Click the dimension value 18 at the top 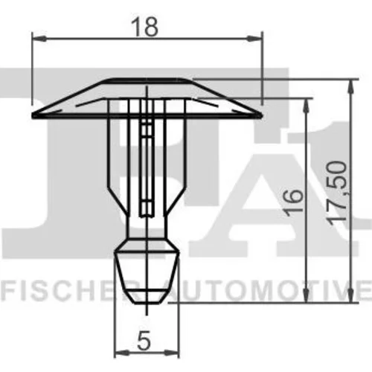(x=144, y=27)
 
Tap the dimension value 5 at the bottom (x=144, y=341)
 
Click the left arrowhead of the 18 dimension (x=39, y=39)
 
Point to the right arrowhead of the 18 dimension (x=254, y=39)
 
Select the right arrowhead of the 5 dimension (x=172, y=352)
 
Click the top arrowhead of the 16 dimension (x=307, y=106)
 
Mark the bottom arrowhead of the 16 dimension (x=307, y=295)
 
